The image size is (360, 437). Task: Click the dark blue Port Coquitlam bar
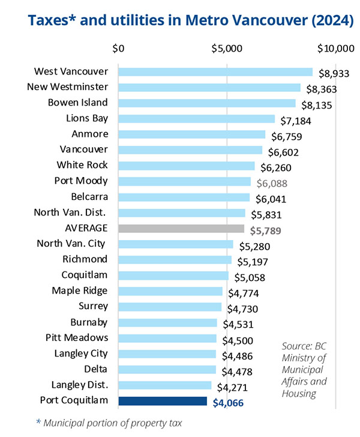click(163, 401)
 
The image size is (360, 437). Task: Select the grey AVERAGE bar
click(181, 229)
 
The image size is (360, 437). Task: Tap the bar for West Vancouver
click(215, 72)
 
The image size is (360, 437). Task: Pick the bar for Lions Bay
click(196, 119)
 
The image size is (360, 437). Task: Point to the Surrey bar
click(170, 307)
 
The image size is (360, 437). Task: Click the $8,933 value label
click(332, 74)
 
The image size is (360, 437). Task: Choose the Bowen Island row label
click(77, 103)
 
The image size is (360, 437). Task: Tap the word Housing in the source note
click(299, 393)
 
